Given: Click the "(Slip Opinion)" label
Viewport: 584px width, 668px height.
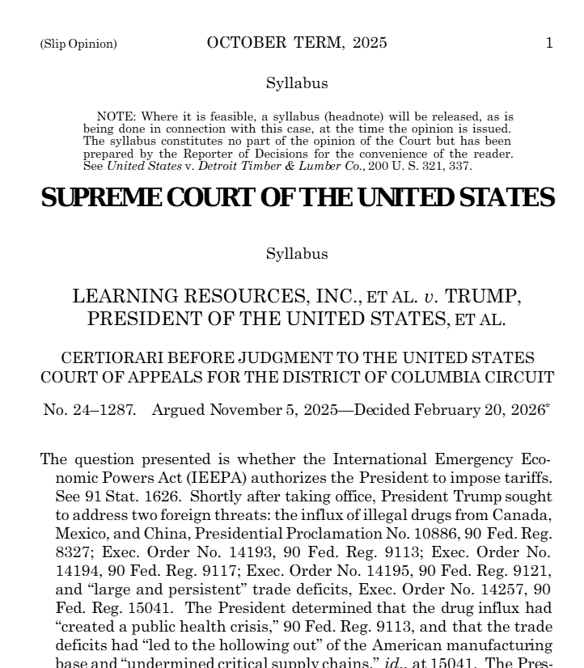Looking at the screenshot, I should (78, 44).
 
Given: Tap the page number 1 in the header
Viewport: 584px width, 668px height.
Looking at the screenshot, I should (549, 43).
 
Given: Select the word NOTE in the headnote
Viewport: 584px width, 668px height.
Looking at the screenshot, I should (114, 117).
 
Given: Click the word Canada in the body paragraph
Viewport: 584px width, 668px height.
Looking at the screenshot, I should (520, 515).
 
